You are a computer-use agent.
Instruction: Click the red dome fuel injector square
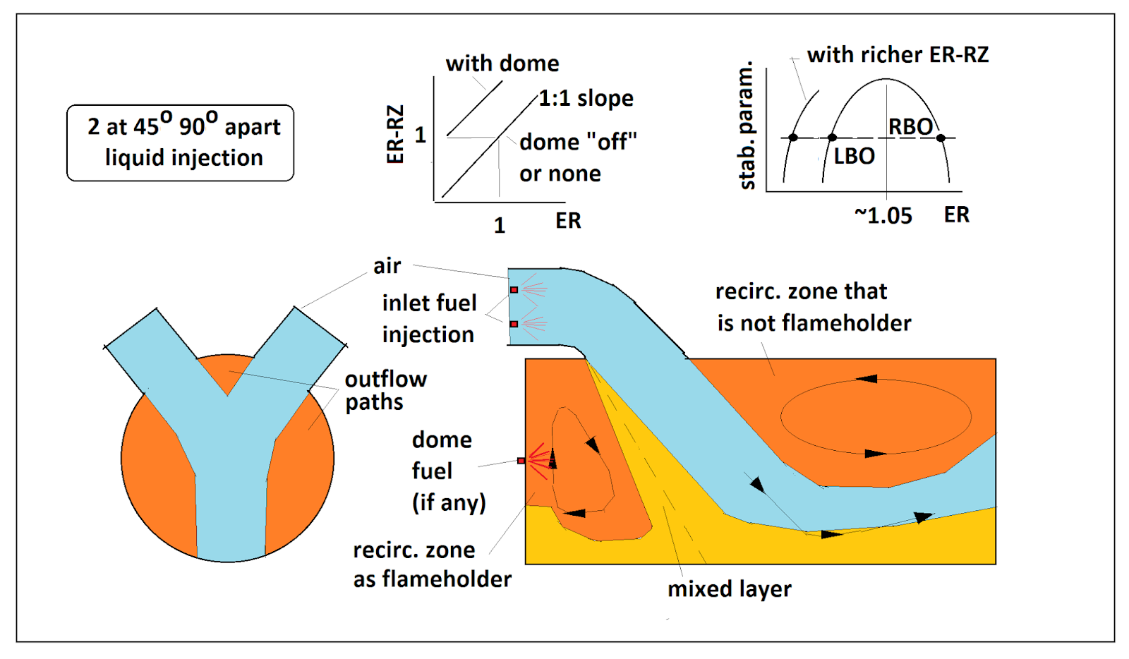tap(521, 461)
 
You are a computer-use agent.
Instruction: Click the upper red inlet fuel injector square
tap(514, 290)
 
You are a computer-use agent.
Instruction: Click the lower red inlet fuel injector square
tap(514, 324)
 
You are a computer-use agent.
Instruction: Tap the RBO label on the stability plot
tap(910, 126)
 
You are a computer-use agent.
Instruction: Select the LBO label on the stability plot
tap(855, 156)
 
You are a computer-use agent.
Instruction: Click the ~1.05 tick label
tap(883, 216)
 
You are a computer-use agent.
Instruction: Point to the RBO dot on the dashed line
tap(941, 138)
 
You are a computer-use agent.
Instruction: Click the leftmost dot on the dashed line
tap(793, 138)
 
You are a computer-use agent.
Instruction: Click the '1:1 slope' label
tap(586, 98)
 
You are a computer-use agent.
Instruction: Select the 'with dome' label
tap(502, 64)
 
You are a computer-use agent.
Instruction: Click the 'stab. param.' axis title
tap(746, 125)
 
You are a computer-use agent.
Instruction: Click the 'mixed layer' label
tap(730, 589)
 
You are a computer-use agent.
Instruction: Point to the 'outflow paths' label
tap(385, 390)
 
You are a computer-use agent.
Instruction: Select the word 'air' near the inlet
tap(387, 266)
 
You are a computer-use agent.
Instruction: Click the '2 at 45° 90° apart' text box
tap(181, 143)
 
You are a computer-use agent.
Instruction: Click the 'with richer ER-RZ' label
tap(898, 54)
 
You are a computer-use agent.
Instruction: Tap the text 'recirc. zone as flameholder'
tap(432, 564)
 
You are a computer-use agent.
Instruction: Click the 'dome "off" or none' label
tap(578, 158)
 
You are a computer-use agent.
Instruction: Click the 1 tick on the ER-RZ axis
tap(421, 135)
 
